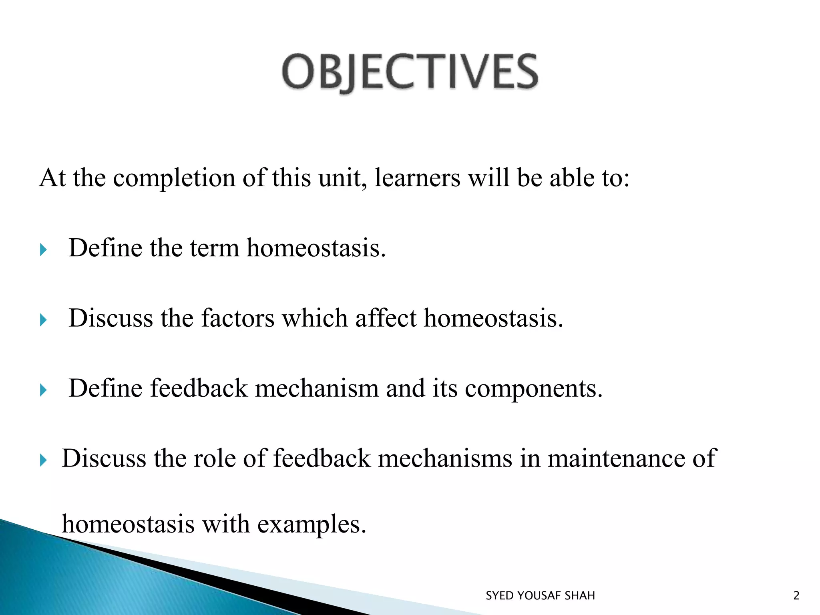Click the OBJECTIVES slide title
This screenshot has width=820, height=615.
click(410, 72)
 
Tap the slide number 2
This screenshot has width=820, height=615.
click(796, 596)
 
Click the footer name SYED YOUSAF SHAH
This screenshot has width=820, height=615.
click(540, 596)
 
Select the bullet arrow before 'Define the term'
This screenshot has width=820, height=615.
click(44, 250)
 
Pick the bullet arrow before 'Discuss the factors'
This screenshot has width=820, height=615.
click(44, 320)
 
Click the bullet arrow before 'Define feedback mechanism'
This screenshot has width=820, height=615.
click(44, 390)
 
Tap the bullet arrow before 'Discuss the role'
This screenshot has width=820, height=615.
click(44, 460)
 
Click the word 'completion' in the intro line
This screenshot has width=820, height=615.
click(174, 178)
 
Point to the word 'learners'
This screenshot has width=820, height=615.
click(418, 178)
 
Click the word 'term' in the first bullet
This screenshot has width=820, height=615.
click(214, 248)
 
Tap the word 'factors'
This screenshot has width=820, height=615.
click(237, 318)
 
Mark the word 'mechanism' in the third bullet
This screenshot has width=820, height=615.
click(316, 388)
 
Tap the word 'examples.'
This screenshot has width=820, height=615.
click(312, 525)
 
